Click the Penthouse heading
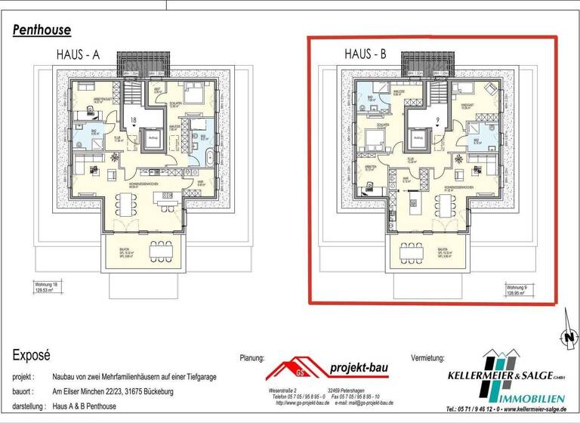click(42, 30)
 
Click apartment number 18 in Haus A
click(134, 119)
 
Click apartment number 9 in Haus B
click(437, 119)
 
